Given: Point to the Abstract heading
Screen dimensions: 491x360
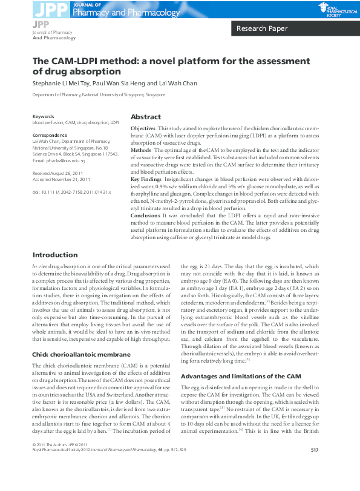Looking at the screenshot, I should [146, 117].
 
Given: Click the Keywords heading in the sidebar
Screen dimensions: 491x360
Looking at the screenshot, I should [43, 116].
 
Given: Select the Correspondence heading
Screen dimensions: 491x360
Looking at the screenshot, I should [50, 136].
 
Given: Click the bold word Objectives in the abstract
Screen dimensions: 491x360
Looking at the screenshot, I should [143, 130].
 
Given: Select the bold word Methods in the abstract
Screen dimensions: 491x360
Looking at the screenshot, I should [141, 149].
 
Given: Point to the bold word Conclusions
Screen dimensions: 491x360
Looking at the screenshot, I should [146, 215].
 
